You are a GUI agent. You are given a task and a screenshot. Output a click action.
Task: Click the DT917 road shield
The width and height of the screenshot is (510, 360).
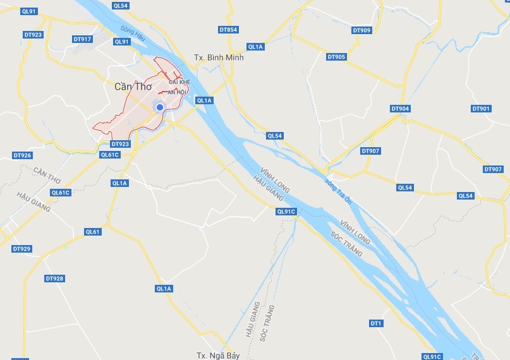[x=83, y=39]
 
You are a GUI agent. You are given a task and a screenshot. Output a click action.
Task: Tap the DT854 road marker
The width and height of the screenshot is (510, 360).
[x=228, y=30]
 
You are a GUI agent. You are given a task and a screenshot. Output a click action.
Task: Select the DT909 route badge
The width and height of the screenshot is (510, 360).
[x=361, y=30]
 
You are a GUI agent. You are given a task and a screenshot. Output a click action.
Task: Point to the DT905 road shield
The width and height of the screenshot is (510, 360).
[x=337, y=57]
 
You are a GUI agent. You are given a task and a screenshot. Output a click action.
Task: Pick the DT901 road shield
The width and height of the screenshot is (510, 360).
[x=481, y=109]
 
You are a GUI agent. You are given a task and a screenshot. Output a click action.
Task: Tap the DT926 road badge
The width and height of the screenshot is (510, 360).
[x=22, y=155]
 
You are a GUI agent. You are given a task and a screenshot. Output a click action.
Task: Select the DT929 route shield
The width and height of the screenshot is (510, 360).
[x=21, y=249]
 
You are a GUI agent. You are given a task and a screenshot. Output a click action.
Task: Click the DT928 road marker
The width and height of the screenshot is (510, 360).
[x=55, y=279]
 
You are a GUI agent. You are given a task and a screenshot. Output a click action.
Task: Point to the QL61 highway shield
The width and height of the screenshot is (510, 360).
[x=93, y=232]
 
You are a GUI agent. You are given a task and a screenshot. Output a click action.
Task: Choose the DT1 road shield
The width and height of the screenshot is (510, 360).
[x=376, y=323]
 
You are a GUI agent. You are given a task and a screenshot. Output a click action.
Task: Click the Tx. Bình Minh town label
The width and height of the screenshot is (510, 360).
[x=219, y=57]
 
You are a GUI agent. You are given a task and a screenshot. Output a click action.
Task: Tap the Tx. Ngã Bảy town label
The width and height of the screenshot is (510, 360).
[x=219, y=355]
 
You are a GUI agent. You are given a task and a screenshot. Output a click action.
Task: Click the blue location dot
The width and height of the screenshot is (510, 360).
[x=160, y=107]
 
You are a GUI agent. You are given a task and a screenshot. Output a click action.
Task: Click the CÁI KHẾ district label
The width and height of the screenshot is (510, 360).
[x=179, y=82]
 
